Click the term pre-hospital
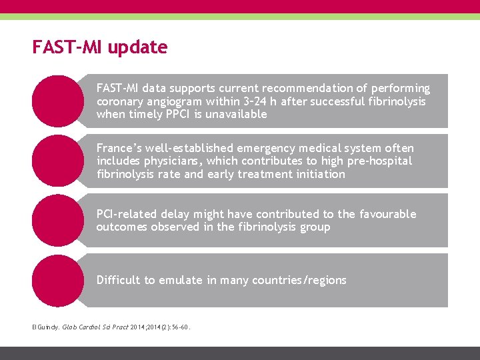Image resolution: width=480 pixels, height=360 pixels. [x=378, y=161]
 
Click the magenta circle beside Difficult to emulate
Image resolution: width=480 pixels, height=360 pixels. [x=57, y=280]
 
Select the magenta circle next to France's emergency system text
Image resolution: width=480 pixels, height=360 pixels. [x=57, y=161]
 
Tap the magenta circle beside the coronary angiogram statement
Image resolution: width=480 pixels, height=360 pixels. [x=57, y=101]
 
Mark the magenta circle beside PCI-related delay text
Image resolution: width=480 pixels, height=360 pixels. [x=57, y=221]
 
